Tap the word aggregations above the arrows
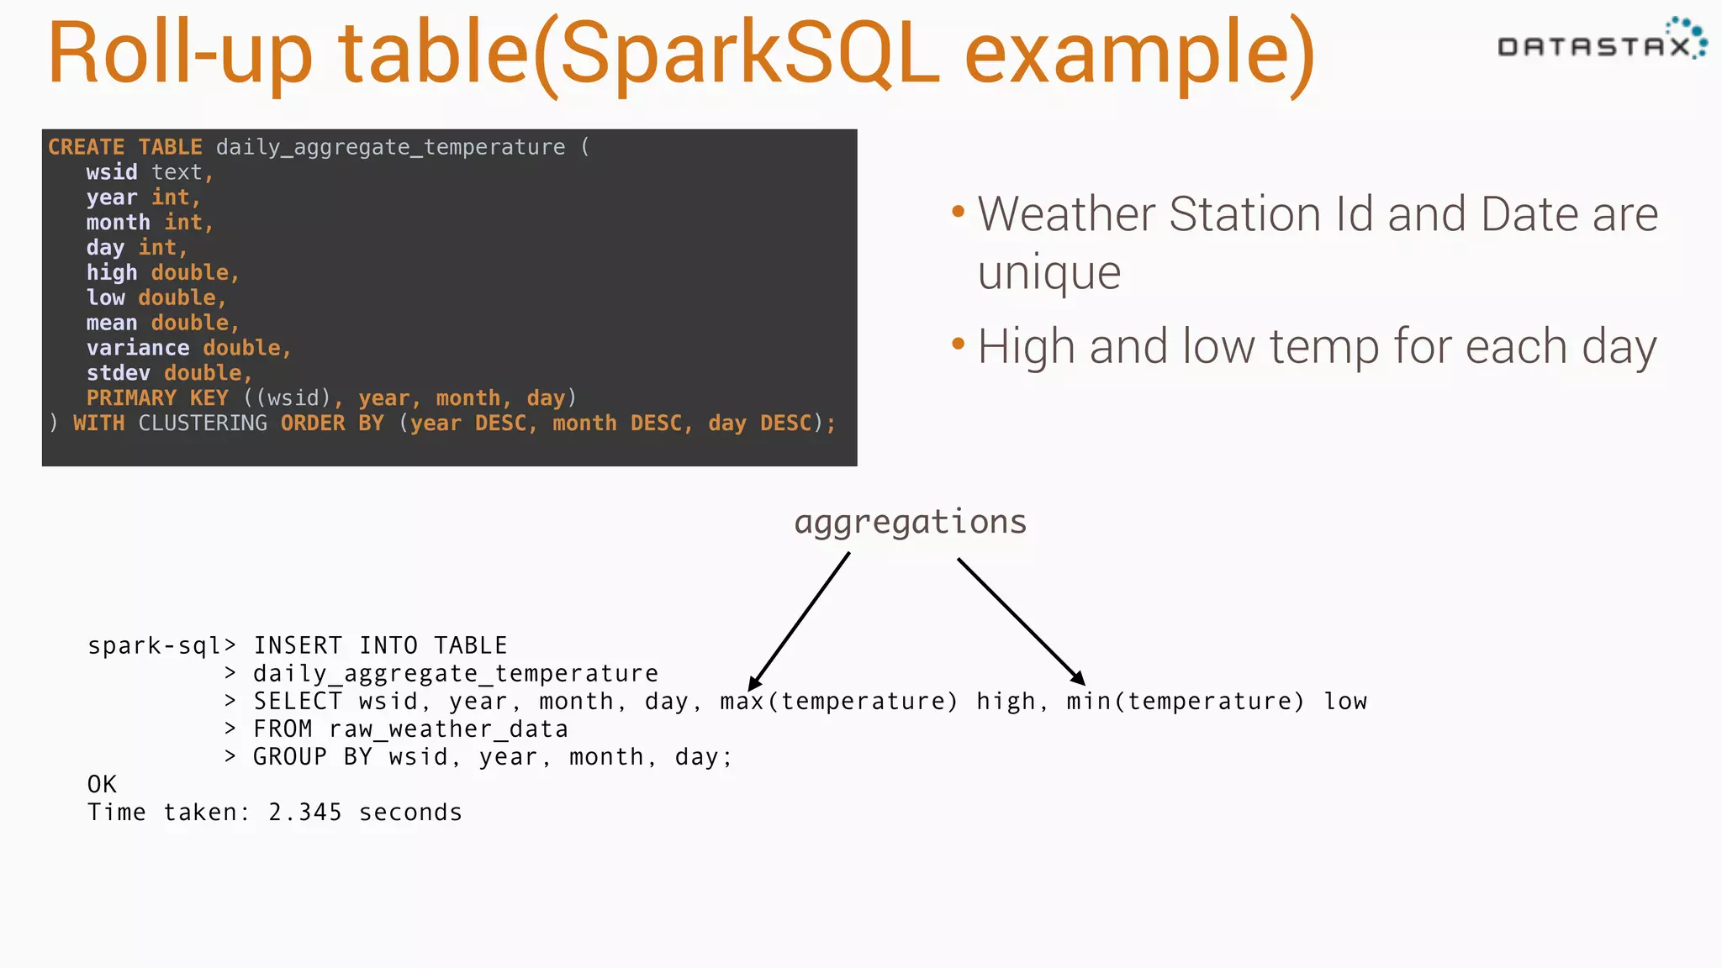(911, 522)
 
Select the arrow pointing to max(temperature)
(800, 620)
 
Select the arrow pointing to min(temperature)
(1021, 621)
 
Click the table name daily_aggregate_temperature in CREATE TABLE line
(390, 147)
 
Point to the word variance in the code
(137, 348)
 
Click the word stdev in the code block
(118, 373)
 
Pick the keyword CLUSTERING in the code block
(203, 423)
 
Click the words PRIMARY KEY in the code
(157, 398)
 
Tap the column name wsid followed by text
(111, 172)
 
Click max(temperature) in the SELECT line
(838, 702)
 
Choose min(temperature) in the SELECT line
(1185, 702)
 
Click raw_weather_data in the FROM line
(448, 729)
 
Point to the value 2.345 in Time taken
(304, 813)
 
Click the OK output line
(102, 785)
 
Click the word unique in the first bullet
(1049, 273)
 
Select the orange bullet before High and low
(958, 344)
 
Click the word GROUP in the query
(290, 757)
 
